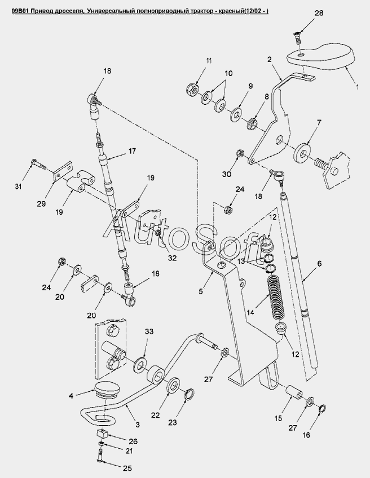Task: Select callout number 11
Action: point(193,60)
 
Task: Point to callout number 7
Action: point(319,122)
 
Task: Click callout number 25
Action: point(127,468)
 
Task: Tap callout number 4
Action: point(71,396)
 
